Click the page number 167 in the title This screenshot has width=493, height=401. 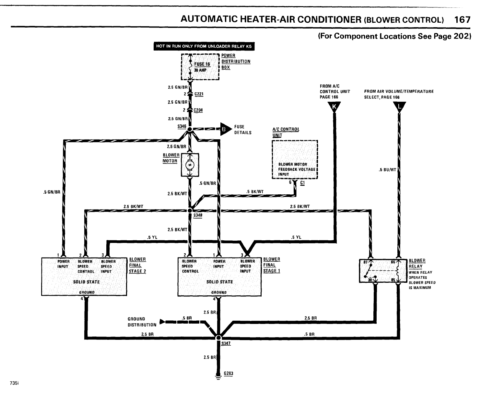click(462, 20)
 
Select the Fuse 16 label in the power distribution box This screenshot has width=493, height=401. click(202, 64)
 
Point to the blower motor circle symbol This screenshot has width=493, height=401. click(190, 166)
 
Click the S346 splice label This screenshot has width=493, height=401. click(182, 126)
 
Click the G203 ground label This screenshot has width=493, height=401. click(229, 373)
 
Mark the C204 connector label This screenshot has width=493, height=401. click(198, 110)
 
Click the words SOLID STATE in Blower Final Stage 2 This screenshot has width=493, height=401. click(86, 282)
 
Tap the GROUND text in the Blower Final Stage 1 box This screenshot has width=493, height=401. click(219, 292)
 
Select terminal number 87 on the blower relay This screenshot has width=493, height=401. click(365, 263)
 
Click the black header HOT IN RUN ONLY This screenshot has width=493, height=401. click(204, 46)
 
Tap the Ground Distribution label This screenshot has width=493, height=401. click(142, 322)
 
